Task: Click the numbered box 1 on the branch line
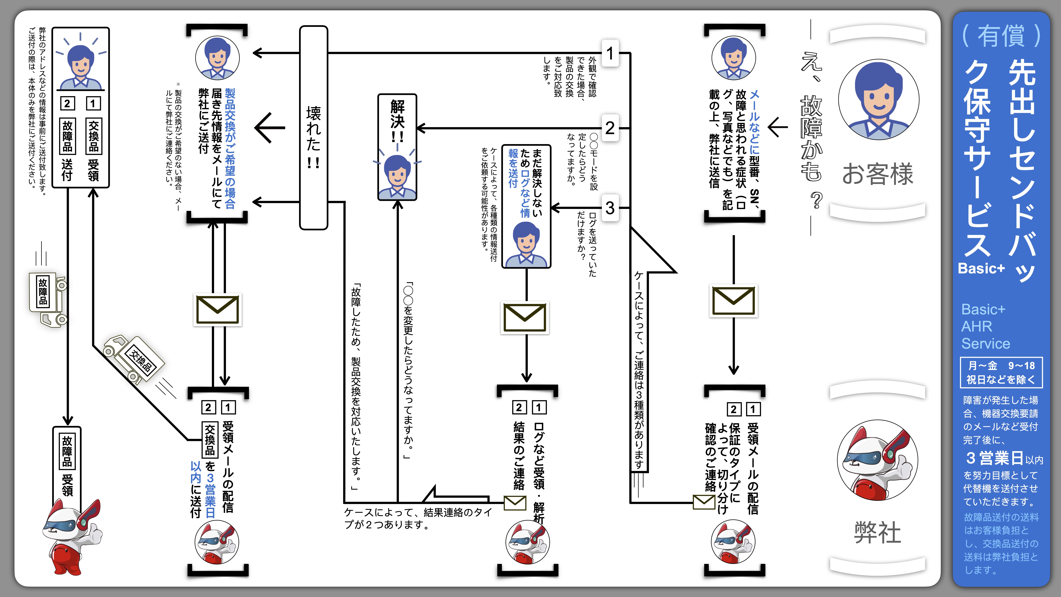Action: (610, 53)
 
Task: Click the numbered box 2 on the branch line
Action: (610, 128)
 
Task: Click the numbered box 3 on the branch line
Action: (610, 208)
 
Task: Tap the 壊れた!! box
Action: (313, 128)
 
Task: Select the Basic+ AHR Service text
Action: (985, 326)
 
